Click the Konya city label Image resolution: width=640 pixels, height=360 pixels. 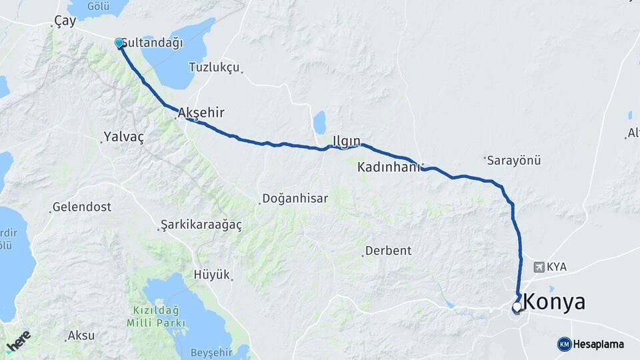(x=555, y=301)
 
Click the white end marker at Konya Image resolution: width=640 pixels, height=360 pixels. (x=517, y=307)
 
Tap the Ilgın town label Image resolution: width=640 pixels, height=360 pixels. (x=346, y=141)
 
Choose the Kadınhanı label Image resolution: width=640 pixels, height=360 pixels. (x=389, y=167)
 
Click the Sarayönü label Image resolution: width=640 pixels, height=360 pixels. (x=513, y=161)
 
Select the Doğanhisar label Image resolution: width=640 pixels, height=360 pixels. (x=295, y=198)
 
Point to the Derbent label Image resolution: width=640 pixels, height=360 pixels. (x=389, y=251)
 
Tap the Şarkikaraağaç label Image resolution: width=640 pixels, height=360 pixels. (x=201, y=225)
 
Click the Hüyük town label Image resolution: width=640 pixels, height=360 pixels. (x=211, y=274)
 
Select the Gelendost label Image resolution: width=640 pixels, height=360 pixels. (x=82, y=207)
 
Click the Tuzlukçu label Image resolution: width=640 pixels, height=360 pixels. (x=213, y=67)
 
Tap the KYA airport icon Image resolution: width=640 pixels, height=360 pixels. (x=539, y=267)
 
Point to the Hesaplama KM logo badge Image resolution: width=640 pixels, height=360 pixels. (x=564, y=344)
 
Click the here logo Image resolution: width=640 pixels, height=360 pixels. (x=18, y=341)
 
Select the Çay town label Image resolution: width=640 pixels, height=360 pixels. (x=65, y=21)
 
